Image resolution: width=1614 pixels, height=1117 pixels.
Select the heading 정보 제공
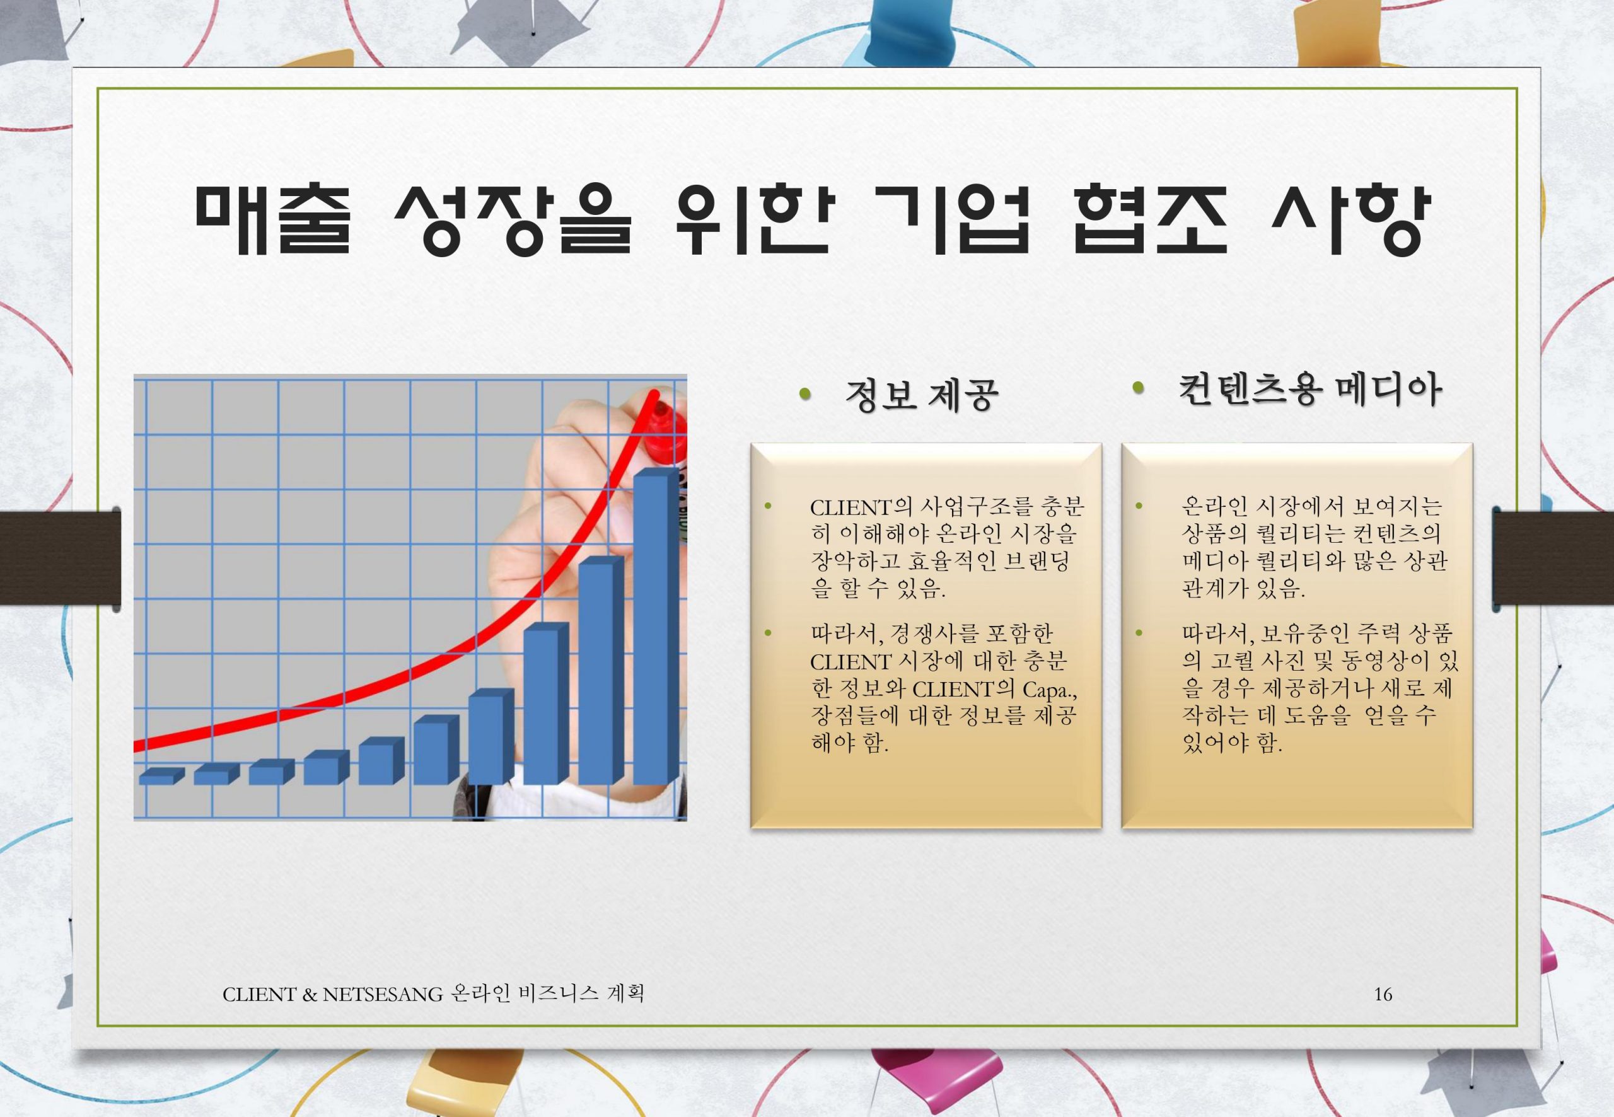click(x=922, y=395)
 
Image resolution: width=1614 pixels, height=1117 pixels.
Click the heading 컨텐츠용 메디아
click(x=1309, y=390)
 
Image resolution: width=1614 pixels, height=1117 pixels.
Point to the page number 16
click(x=1383, y=994)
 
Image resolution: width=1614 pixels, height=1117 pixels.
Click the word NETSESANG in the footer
click(x=383, y=994)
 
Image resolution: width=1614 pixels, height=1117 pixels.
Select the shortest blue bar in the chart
click(x=161, y=775)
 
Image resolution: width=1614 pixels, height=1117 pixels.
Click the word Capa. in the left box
click(x=1048, y=690)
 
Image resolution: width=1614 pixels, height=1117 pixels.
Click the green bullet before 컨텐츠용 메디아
click(x=1137, y=388)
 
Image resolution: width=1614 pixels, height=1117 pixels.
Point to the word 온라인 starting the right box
click(x=1216, y=506)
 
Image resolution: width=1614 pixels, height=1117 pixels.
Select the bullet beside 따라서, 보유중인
click(x=1139, y=633)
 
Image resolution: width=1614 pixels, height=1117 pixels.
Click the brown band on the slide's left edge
click(x=59, y=557)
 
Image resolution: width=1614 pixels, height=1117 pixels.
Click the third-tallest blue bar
click(x=546, y=703)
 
